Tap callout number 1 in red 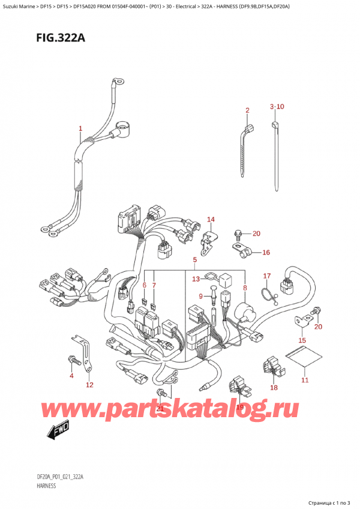click(81, 128)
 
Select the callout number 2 click(247, 110)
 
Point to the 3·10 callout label click(277, 106)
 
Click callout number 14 click(211, 219)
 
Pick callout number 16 click(266, 253)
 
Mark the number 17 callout click(268, 276)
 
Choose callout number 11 click(304, 380)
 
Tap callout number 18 click(274, 388)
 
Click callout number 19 click(240, 407)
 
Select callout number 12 click(89, 385)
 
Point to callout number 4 click(71, 376)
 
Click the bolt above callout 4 click(72, 359)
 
